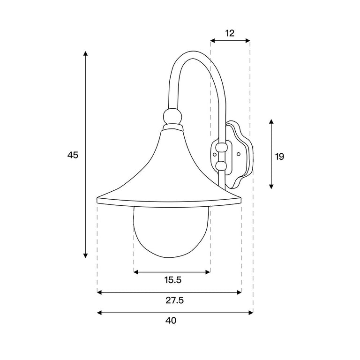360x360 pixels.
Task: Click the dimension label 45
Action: [73, 155]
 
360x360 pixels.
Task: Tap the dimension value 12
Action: [230, 34]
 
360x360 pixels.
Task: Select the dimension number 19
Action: [280, 157]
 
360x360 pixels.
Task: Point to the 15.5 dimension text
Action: [173, 280]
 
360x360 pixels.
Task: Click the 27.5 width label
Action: [175, 300]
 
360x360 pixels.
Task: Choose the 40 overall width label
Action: [171, 320]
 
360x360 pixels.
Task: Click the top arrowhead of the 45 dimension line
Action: [85, 53]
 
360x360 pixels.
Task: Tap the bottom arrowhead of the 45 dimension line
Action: [85, 255]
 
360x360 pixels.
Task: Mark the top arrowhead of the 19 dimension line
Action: [271, 122]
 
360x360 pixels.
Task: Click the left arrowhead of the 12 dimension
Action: [213, 41]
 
